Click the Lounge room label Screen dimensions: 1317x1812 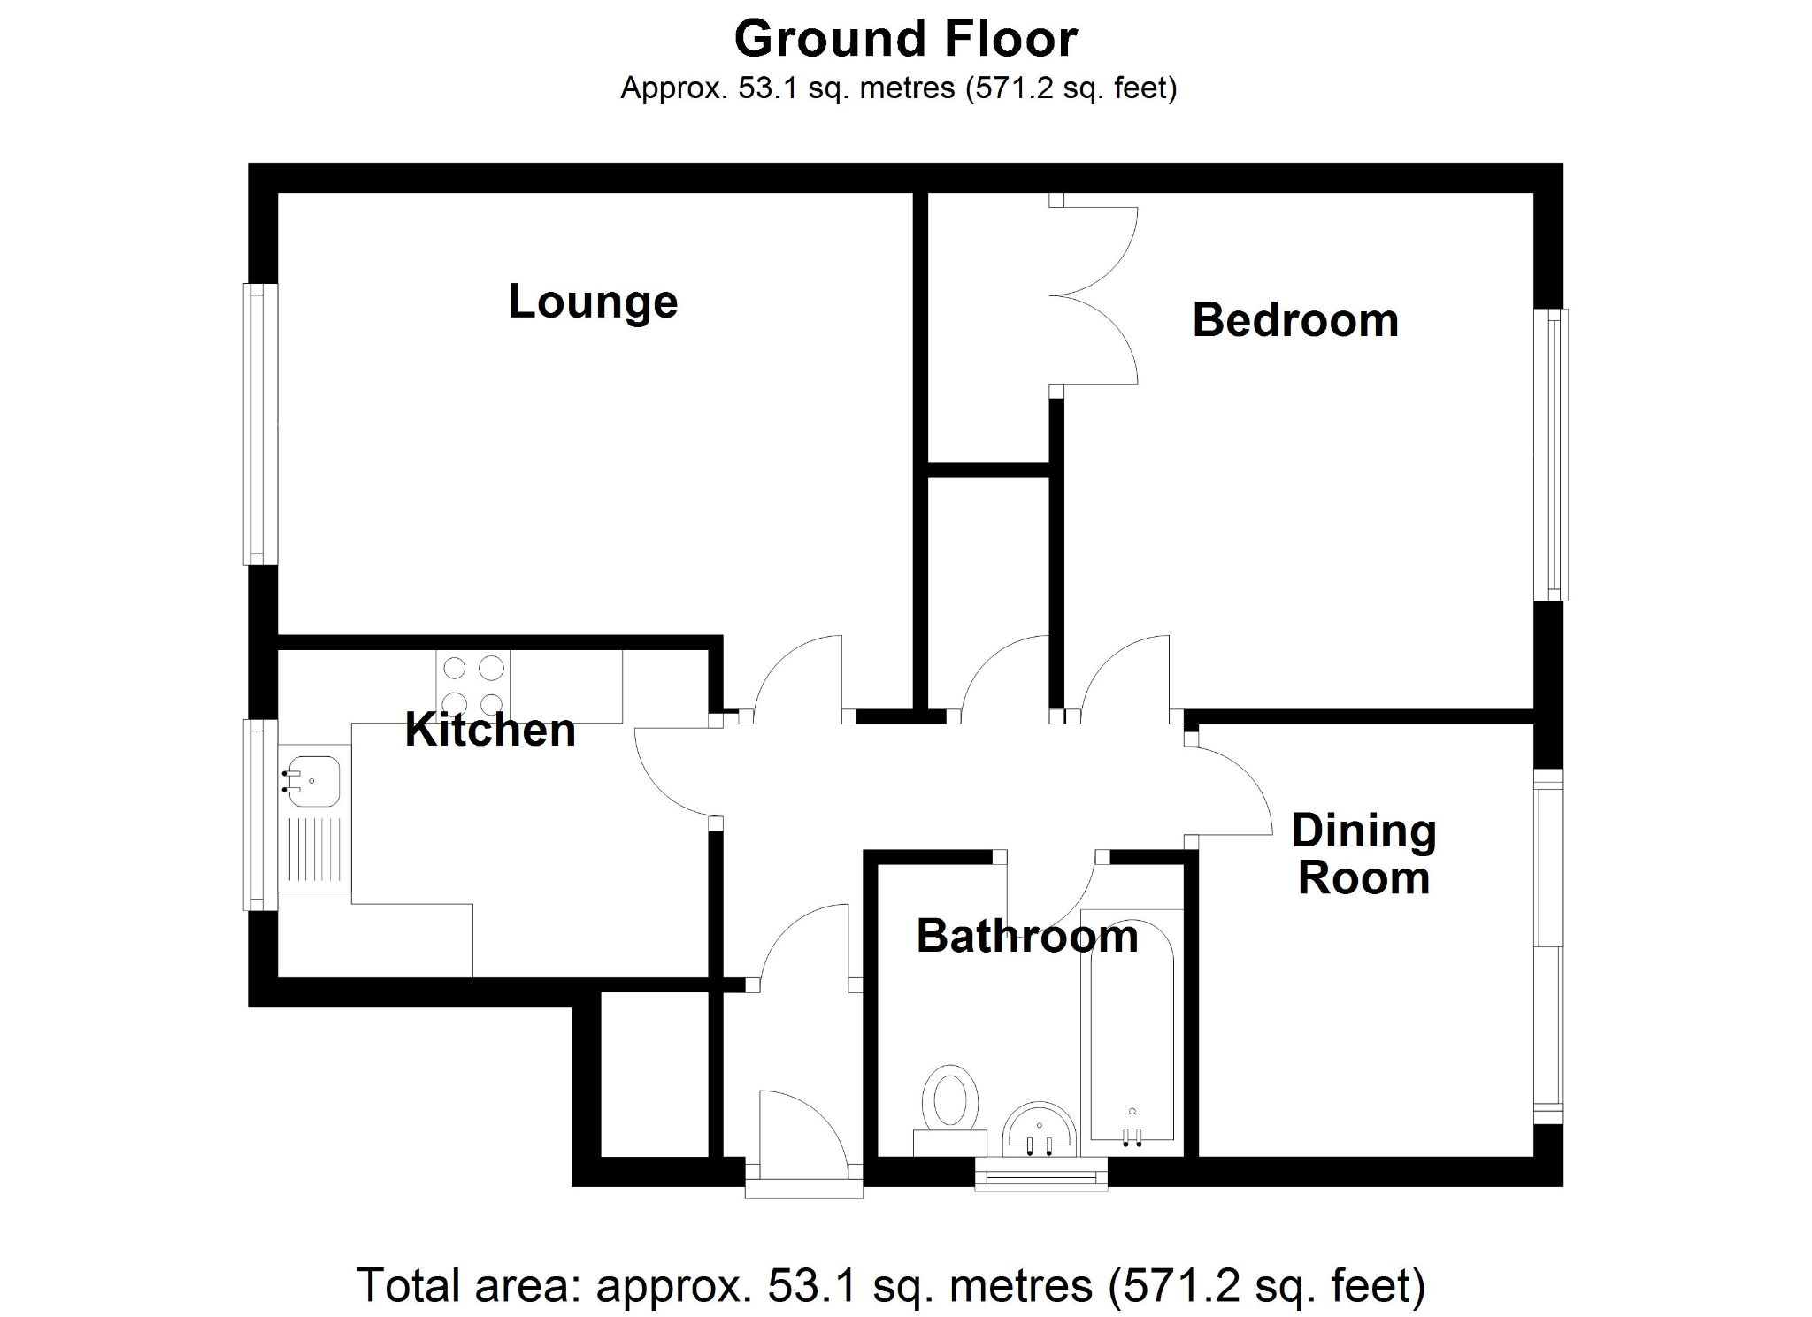tap(593, 302)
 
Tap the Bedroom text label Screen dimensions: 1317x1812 tap(1295, 320)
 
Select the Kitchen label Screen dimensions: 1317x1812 tap(490, 731)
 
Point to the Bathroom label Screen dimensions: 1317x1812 tap(1026, 937)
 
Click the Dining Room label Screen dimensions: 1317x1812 tap(1363, 854)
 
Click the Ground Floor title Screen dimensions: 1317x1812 tap(906, 39)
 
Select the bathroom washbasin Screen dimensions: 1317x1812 tap(1040, 1130)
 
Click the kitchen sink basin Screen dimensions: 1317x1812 tap(311, 780)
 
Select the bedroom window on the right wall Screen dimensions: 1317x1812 tap(1557, 455)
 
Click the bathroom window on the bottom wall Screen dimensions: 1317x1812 tap(1040, 1177)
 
